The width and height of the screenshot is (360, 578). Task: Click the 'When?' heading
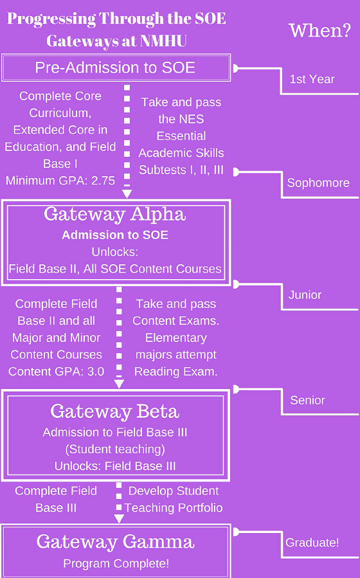[x=320, y=31]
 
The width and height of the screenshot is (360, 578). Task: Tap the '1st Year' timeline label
[x=312, y=79]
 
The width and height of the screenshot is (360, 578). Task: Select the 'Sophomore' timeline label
[x=318, y=183]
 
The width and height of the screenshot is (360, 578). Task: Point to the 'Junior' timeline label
[x=305, y=295]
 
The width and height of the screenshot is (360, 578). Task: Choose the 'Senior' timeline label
[x=308, y=401]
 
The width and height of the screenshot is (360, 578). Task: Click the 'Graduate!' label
[x=312, y=543]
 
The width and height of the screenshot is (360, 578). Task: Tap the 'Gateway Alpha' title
[x=114, y=215]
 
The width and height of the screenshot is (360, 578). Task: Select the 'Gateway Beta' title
[x=115, y=411]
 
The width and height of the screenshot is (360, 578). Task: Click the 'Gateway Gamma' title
[x=115, y=542]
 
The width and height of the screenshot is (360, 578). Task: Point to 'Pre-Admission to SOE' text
[x=115, y=68]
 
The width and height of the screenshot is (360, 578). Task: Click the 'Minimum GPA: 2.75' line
[x=60, y=181]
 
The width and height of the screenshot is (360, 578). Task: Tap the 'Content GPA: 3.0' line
[x=57, y=372]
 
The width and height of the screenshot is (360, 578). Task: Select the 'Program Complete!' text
[x=116, y=564]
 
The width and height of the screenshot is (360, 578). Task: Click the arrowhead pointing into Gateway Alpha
[x=127, y=194]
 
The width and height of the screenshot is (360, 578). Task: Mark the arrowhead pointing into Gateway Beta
[x=119, y=384]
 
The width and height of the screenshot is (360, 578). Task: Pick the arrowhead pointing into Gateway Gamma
[x=119, y=519]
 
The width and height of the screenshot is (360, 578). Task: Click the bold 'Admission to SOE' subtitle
[x=115, y=235]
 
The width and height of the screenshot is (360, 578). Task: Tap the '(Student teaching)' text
[x=115, y=449]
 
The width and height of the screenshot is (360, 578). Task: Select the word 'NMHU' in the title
[x=163, y=41]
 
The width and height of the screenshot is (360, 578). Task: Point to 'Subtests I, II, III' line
[x=181, y=170]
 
